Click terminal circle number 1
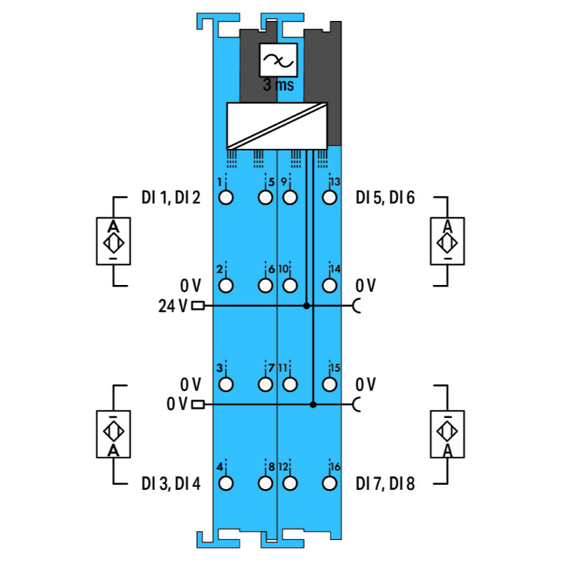coord(226,198)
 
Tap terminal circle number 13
coord(328,198)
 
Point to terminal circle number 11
coord(290,384)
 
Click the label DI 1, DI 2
coord(171,198)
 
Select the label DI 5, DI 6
coord(385,198)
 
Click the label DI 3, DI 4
coord(171,483)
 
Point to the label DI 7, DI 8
coord(385,483)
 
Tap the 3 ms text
coord(278,85)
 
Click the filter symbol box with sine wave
coord(278,60)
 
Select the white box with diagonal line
coord(278,125)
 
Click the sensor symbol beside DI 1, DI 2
coord(113,242)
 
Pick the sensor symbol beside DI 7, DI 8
coord(447,435)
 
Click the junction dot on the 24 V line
coord(306,306)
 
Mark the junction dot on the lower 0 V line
coord(313,405)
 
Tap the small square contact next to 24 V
coord(197,305)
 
